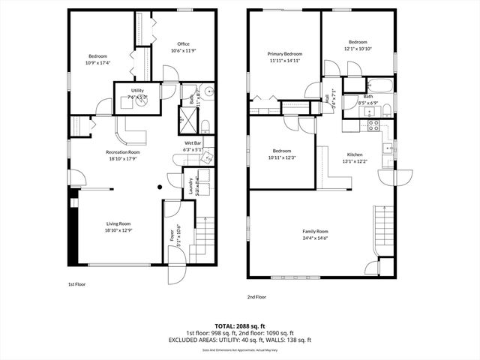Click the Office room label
pos(183,44)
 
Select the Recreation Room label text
pos(122,152)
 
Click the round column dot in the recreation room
pos(160,187)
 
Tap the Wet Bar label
pos(193,142)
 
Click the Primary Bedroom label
pos(286,54)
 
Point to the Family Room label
pos(315,231)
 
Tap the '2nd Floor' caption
pos(256,297)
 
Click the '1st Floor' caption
pos(77,285)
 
